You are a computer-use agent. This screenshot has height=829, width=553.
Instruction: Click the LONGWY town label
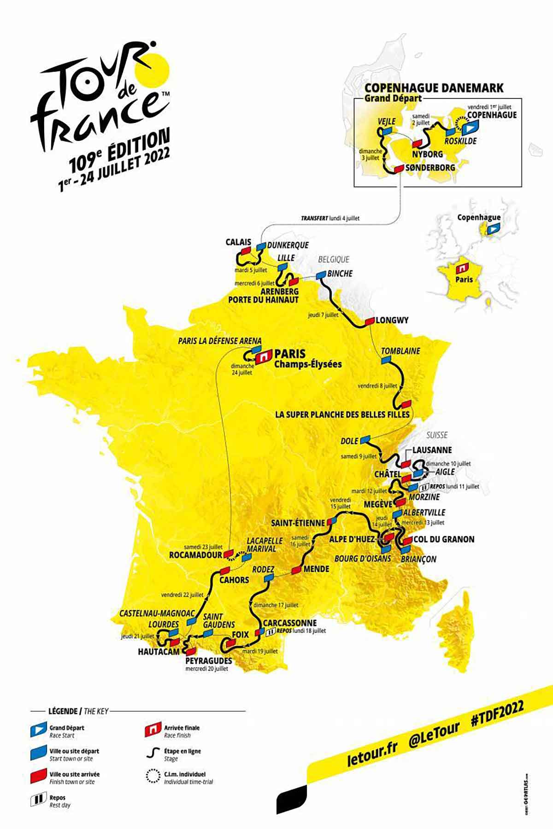(392, 320)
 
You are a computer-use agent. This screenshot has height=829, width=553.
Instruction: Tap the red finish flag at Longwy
(369, 321)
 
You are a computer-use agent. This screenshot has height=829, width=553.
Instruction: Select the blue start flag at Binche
(321, 274)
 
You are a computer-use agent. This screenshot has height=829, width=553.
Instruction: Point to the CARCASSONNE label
(289, 623)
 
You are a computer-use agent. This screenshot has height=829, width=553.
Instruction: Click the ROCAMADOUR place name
(195, 555)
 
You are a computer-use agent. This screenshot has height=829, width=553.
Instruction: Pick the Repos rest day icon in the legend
(39, 800)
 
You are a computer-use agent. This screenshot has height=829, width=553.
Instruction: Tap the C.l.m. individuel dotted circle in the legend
(153, 776)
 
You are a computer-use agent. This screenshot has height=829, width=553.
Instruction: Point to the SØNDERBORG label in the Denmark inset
(430, 168)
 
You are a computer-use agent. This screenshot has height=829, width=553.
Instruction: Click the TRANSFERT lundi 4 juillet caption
(330, 218)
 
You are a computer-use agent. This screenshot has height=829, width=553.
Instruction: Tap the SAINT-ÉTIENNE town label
(298, 523)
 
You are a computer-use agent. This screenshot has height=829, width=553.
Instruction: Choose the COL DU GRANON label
(443, 539)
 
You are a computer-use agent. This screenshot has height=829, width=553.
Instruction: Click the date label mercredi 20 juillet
(206, 669)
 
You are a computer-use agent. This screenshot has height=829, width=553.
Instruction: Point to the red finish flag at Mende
(296, 571)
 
